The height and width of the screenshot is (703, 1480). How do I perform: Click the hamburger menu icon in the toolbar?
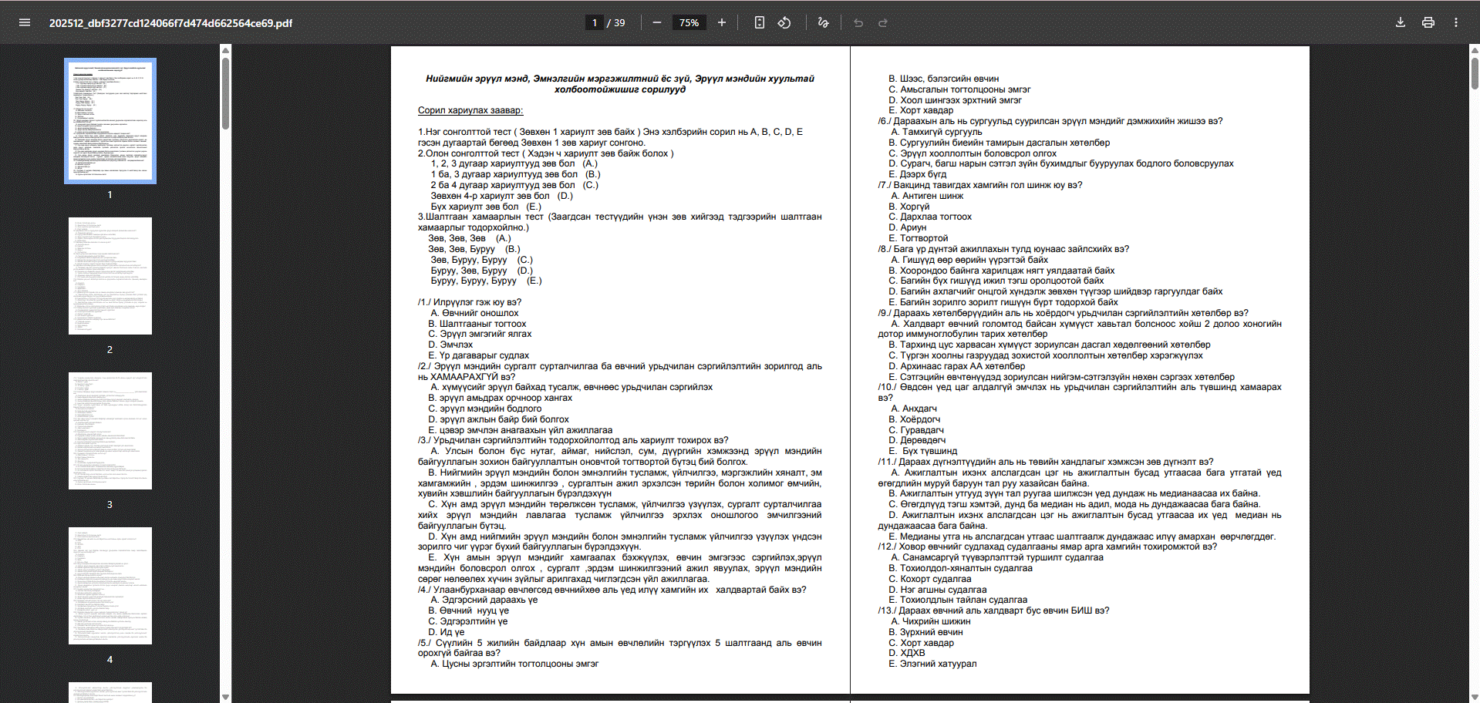click(x=25, y=22)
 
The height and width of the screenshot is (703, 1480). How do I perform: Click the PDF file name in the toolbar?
click(x=170, y=23)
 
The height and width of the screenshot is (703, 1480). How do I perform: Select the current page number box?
click(x=594, y=23)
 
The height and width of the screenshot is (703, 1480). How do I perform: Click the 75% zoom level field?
click(x=689, y=23)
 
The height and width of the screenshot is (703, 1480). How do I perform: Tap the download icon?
click(x=1401, y=22)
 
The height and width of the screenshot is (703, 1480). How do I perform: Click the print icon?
click(x=1428, y=22)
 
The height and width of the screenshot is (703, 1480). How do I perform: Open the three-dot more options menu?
click(x=1456, y=22)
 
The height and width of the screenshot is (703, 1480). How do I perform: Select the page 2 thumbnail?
click(x=110, y=276)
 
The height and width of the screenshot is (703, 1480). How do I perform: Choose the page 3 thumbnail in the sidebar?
click(x=110, y=431)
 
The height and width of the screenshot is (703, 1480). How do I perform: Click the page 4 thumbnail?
click(x=110, y=586)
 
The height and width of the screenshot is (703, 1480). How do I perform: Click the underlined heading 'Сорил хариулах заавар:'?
click(x=470, y=110)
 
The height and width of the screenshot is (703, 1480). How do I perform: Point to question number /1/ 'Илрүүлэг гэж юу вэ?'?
click(x=470, y=302)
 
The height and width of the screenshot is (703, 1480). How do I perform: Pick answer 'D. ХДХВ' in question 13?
click(x=907, y=653)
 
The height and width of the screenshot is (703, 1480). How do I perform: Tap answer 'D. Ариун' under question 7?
click(x=908, y=227)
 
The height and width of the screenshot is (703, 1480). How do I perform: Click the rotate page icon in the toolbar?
click(x=784, y=23)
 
